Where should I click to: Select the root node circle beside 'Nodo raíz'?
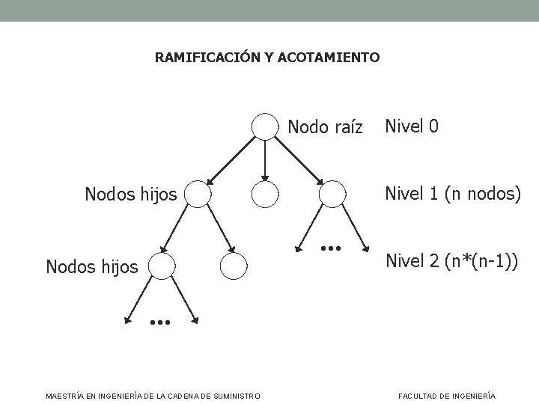point(264,127)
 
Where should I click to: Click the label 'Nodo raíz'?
point(325,127)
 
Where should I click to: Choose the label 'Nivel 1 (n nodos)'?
point(453,194)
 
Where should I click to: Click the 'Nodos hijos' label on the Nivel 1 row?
point(131,195)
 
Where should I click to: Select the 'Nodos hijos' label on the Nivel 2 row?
point(92,266)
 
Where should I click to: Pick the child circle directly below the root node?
point(264,195)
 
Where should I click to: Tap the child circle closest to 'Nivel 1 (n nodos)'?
point(332,195)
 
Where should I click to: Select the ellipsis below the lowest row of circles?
point(160,323)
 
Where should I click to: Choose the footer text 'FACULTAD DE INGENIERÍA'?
point(447,395)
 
